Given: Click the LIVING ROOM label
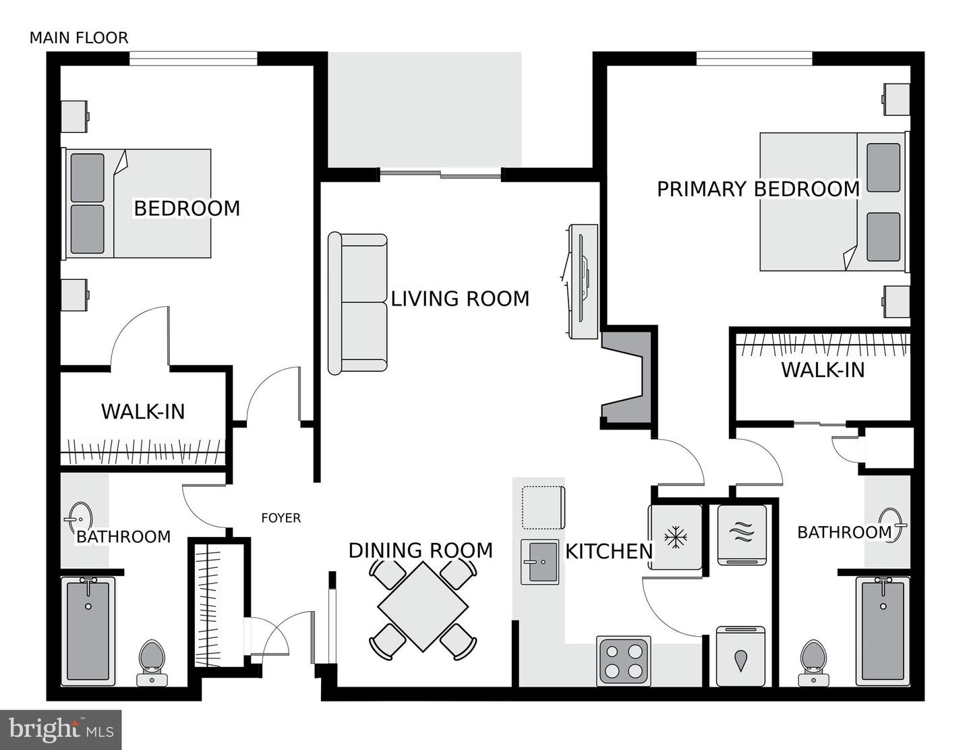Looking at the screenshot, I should [460, 298].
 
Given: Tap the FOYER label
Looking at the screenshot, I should [281, 518].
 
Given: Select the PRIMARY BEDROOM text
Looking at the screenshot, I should [758, 189].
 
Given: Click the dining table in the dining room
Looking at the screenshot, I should [422, 606].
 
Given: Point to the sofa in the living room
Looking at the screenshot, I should [357, 304].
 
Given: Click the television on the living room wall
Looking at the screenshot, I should [583, 282].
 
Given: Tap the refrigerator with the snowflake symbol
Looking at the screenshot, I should [674, 537].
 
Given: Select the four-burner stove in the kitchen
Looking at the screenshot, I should [624, 661].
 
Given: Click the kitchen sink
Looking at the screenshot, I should [539, 562].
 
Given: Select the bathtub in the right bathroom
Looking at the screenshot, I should [883, 630].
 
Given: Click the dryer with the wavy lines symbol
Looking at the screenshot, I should [742, 534].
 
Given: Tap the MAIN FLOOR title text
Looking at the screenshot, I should [78, 38].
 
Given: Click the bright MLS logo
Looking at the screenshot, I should [61, 730].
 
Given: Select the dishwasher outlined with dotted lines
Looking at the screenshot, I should [543, 507].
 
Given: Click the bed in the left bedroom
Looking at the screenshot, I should [138, 204].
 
